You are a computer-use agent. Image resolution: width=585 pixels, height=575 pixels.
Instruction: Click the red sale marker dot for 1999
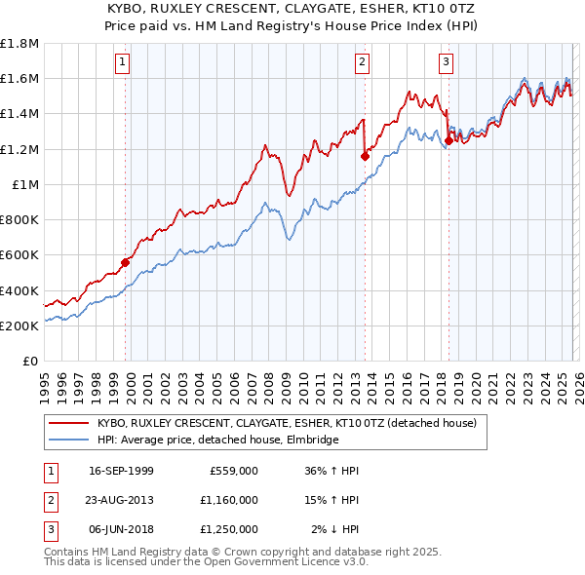125,261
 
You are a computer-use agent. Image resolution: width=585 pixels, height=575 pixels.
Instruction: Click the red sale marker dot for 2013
365,155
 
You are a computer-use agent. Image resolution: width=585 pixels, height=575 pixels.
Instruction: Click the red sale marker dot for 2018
448,139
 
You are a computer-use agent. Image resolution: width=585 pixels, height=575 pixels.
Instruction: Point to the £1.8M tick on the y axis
19,43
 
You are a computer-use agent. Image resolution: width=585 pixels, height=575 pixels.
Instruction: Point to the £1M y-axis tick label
25,184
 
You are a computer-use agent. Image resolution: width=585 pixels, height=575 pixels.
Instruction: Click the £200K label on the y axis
19,326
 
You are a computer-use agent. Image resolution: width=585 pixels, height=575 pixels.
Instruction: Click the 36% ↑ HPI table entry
332,471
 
